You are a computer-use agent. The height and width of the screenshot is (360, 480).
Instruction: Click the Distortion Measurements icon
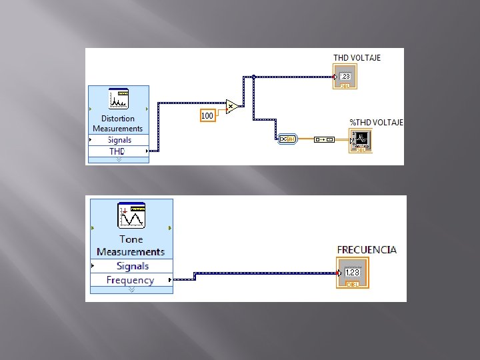point(119,99)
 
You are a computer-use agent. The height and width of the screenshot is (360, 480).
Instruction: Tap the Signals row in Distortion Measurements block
point(119,140)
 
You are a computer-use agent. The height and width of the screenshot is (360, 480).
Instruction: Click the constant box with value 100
point(207,116)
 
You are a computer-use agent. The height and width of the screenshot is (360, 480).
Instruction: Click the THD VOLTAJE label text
point(357,58)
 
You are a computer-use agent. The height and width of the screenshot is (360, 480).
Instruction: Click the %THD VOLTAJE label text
point(376,123)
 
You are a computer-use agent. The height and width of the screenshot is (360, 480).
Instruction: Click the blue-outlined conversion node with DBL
point(287,139)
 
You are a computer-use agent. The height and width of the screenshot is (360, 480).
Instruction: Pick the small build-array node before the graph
point(325,139)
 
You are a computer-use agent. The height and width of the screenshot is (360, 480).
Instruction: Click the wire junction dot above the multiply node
point(253,77)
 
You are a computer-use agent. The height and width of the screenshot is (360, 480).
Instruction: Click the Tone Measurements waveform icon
point(131,216)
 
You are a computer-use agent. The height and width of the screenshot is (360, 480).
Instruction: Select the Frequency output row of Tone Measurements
point(131,280)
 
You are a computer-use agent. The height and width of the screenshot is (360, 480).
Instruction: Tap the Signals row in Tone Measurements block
point(131,266)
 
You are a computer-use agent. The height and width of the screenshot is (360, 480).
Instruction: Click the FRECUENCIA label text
point(367,250)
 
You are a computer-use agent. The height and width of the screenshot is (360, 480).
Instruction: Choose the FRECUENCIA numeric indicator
point(352,273)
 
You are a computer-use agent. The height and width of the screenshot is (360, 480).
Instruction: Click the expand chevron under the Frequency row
point(131,290)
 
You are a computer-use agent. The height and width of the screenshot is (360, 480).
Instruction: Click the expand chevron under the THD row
point(119,160)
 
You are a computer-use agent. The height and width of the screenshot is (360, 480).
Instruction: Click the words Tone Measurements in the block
point(131,245)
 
